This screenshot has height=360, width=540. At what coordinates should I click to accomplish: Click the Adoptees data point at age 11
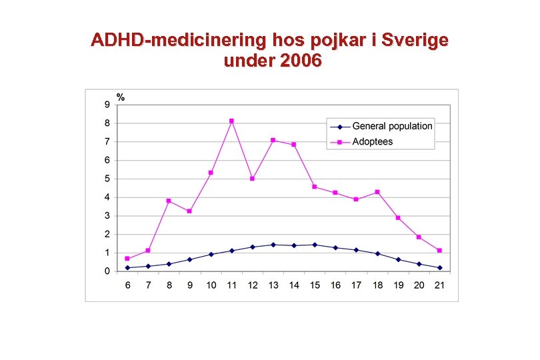231,121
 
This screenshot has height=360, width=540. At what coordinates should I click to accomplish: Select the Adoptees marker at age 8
169,201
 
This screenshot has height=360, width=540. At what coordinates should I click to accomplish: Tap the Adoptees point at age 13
273,140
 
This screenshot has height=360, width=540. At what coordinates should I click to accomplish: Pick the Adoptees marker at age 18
377,192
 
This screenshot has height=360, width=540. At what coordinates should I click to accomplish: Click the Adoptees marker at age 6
127,259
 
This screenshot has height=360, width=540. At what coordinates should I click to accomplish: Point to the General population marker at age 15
315,245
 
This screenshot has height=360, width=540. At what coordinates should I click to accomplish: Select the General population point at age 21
439,268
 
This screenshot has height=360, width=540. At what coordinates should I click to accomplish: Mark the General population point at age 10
211,254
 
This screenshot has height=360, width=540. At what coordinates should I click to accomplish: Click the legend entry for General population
392,126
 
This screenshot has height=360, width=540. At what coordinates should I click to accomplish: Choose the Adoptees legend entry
373,141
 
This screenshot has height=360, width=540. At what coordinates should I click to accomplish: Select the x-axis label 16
335,285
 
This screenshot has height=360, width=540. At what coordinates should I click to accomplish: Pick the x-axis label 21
439,285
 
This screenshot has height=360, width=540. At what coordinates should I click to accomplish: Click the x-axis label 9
190,285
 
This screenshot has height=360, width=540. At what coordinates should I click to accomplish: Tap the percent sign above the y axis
121,97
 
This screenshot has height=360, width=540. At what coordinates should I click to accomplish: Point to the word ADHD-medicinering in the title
177,41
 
